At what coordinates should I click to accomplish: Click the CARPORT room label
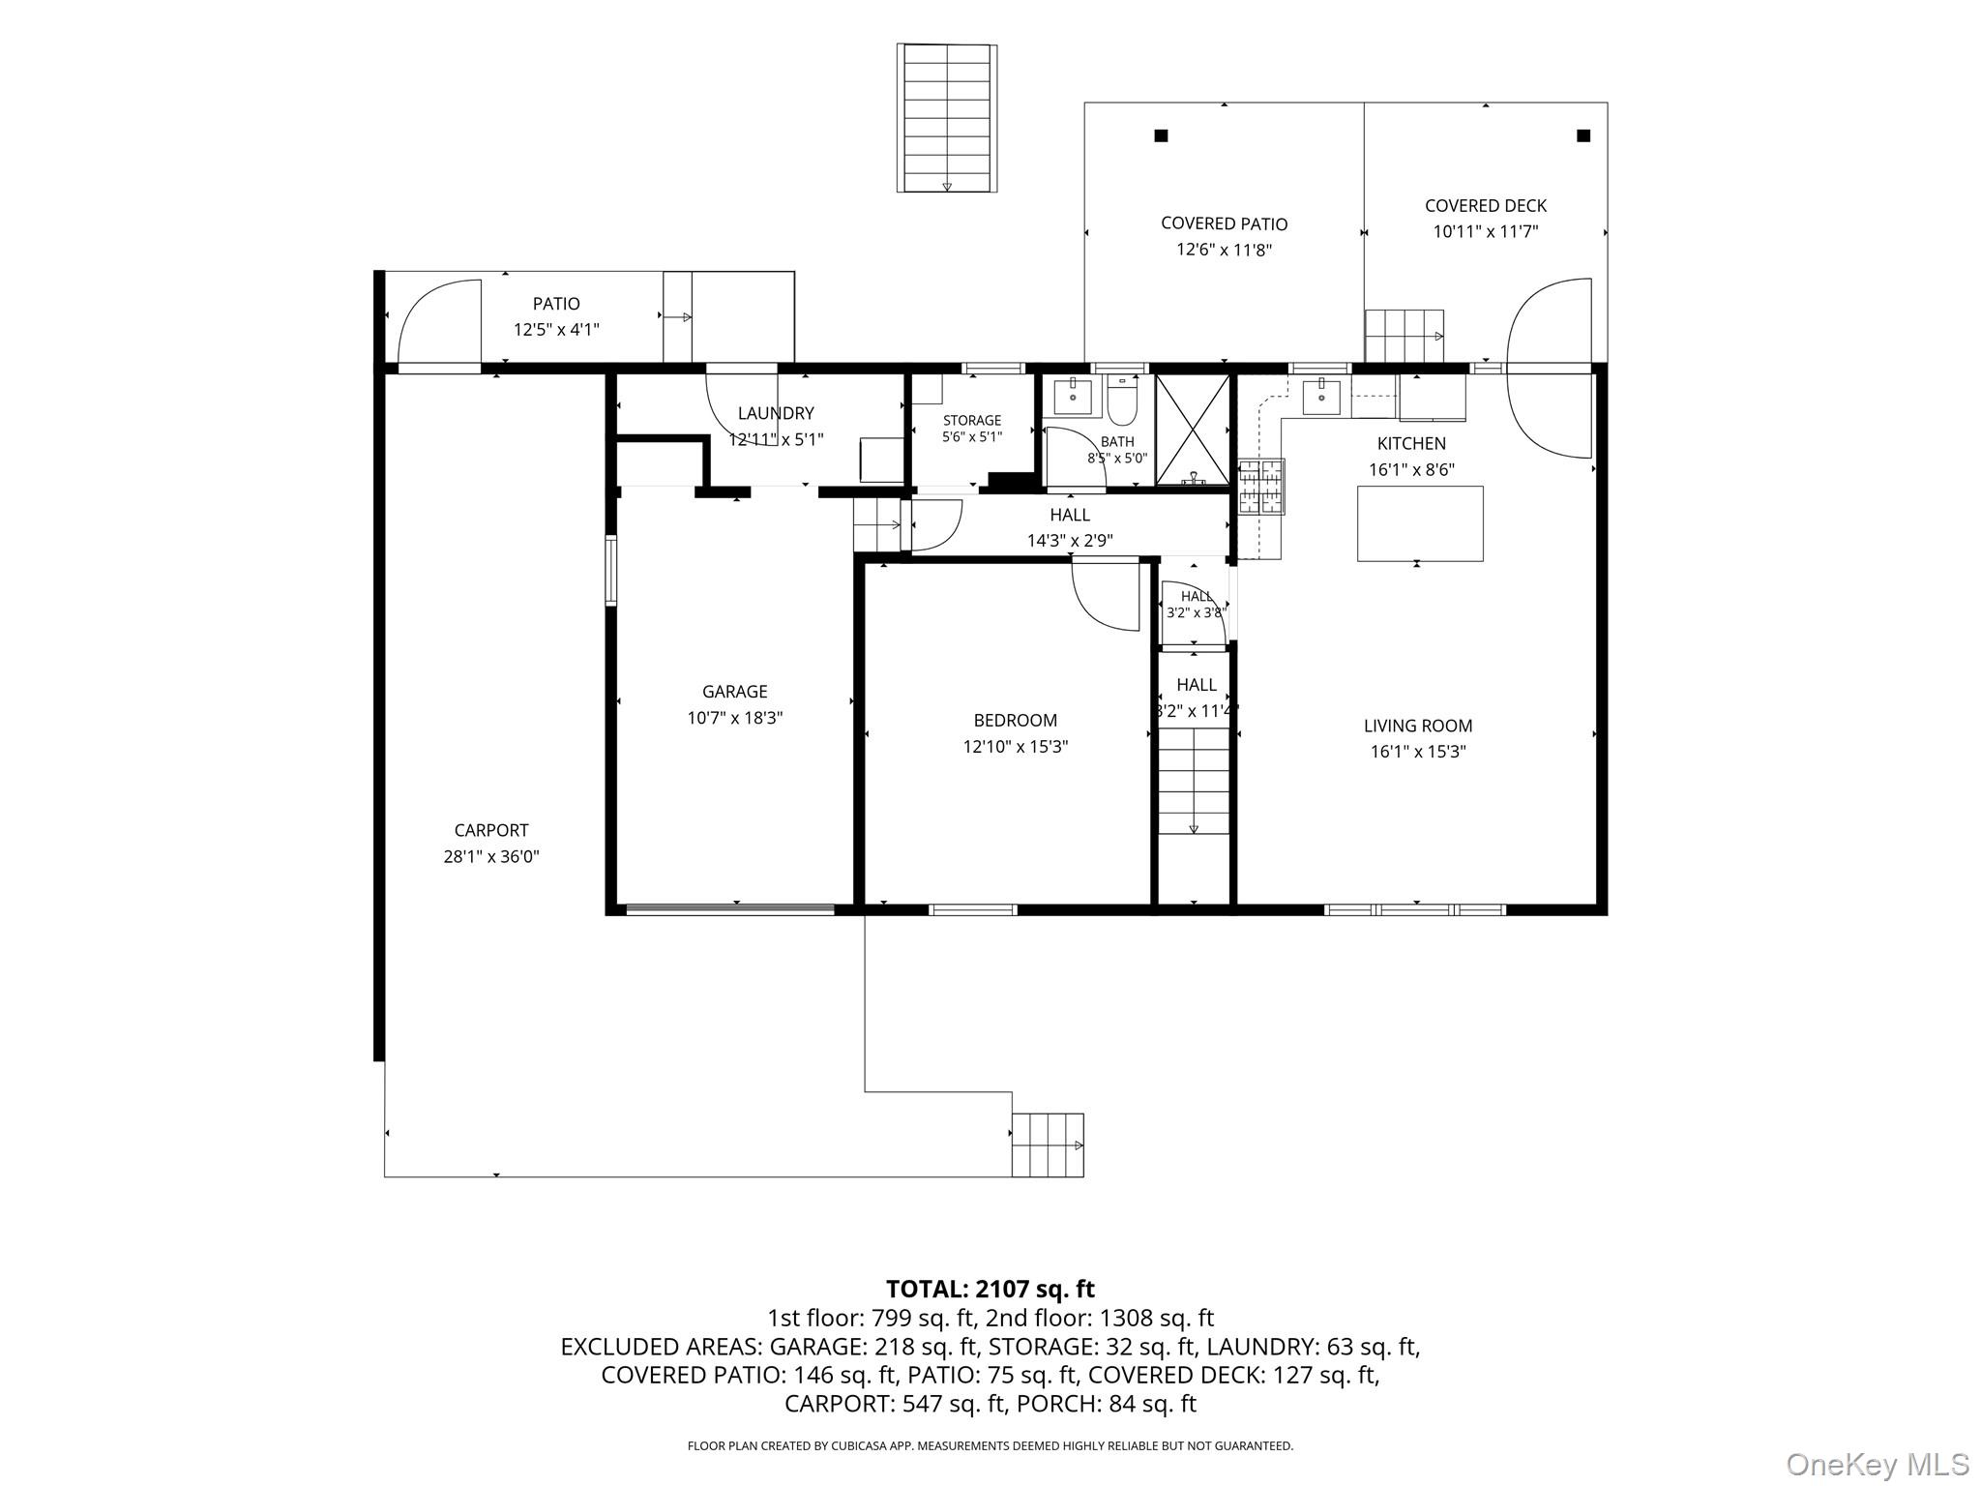(x=491, y=830)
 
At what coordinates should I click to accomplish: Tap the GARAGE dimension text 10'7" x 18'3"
(x=735, y=718)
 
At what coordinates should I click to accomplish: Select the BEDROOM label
(x=1016, y=721)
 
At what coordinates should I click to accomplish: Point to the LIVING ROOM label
(x=1418, y=726)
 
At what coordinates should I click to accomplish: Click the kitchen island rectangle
(x=1420, y=523)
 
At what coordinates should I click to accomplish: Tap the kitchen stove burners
(x=1261, y=486)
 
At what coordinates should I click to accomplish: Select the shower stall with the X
(x=1193, y=429)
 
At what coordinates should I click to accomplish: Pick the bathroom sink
(x=1073, y=397)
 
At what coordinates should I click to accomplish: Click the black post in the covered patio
(x=1161, y=135)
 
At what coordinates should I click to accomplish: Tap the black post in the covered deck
(x=1583, y=135)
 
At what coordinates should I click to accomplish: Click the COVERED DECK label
(x=1486, y=206)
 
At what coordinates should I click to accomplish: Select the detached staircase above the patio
(x=947, y=117)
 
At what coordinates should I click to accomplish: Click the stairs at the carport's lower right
(x=1048, y=1144)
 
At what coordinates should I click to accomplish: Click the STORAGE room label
(x=972, y=420)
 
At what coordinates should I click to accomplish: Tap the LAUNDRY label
(x=776, y=413)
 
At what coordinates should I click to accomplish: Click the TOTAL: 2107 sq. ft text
(x=990, y=1289)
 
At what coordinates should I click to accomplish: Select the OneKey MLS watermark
(x=1878, y=1464)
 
